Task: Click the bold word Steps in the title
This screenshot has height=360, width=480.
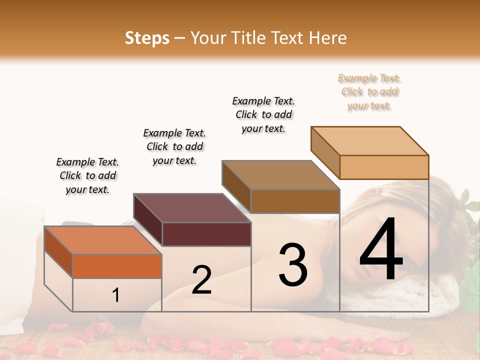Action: [x=147, y=38]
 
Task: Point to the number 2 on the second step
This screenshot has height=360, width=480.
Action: [x=201, y=280]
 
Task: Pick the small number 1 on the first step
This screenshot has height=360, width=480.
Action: [x=115, y=295]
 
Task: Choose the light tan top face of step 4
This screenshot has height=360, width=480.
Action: [x=369, y=140]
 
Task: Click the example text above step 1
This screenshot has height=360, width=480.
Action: [x=87, y=175]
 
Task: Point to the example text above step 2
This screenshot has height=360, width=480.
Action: [x=174, y=146]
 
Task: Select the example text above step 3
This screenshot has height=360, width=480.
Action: [x=263, y=114]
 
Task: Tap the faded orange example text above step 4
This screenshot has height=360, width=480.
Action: [x=369, y=91]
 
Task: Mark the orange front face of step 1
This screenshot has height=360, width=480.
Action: [x=117, y=266]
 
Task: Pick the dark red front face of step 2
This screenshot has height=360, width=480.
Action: [x=206, y=234]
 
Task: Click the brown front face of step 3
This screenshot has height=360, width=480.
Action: [x=295, y=201]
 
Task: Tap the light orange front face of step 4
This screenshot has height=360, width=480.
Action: [x=384, y=167]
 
